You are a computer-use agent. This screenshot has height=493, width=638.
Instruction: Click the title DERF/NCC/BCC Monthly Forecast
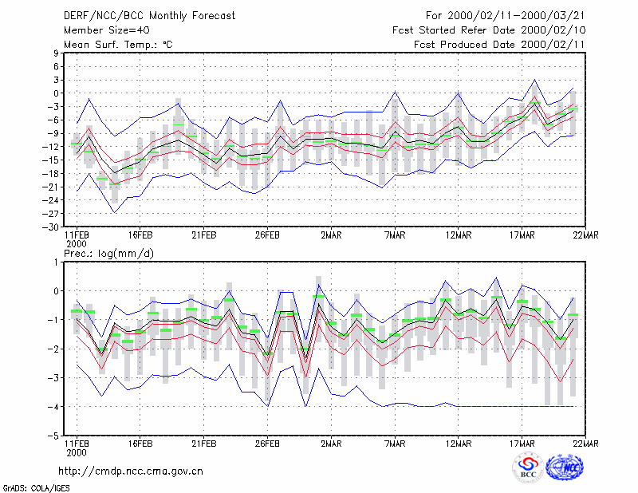149,16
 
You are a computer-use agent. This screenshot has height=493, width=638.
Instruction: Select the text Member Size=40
107,30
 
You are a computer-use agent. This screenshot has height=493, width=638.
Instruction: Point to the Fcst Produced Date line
499,45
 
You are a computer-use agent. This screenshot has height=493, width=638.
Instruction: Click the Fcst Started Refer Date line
489,30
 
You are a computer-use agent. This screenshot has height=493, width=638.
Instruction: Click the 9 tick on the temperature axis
56,53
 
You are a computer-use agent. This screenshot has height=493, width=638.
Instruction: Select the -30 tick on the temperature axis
50,227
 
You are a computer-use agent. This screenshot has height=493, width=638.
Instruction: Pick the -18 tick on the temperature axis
50,173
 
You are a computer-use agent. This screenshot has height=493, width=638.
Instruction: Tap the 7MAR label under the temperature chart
395,235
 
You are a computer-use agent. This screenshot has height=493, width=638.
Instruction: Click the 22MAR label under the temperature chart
585,235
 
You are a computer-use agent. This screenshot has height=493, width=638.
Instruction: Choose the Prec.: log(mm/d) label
108,254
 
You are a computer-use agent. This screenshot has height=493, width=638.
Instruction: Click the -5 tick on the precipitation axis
53,436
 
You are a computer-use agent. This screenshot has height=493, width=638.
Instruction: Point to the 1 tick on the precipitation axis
56,262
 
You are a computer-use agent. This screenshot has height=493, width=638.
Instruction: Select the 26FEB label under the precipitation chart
267,444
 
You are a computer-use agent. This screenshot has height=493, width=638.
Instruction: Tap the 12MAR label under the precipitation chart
459,444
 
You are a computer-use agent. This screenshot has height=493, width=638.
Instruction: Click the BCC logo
528,467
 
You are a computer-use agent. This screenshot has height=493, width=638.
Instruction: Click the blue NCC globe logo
565,467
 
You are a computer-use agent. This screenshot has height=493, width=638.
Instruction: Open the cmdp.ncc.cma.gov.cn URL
131,471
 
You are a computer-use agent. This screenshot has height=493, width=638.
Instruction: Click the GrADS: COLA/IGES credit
36,487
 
